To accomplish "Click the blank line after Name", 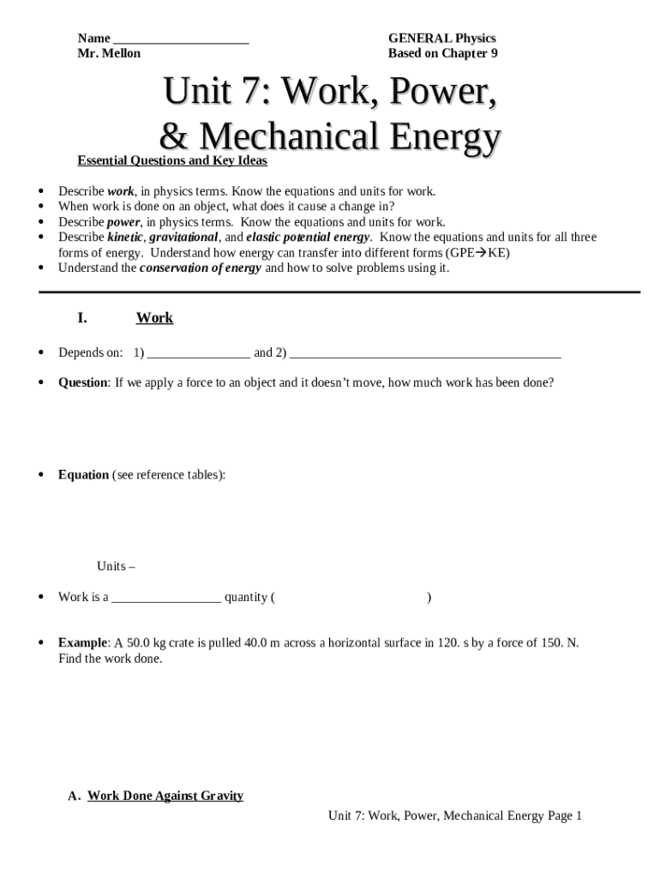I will (181, 39).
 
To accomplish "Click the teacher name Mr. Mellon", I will (109, 53).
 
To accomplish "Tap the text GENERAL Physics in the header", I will (441, 39).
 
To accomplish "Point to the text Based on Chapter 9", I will (442, 53).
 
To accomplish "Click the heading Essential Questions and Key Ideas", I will (172, 161).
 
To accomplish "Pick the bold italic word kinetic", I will (126, 237).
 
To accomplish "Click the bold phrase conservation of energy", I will (201, 268).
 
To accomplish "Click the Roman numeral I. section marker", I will (82, 318).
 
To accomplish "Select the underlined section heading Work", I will (154, 318).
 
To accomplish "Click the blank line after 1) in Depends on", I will (198, 353).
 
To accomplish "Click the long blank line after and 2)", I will (425, 353).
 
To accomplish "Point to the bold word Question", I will (82, 382).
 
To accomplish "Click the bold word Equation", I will (83, 475).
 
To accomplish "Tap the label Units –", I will (116, 567).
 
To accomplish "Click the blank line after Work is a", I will (166, 598).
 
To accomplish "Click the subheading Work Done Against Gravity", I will (165, 796).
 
